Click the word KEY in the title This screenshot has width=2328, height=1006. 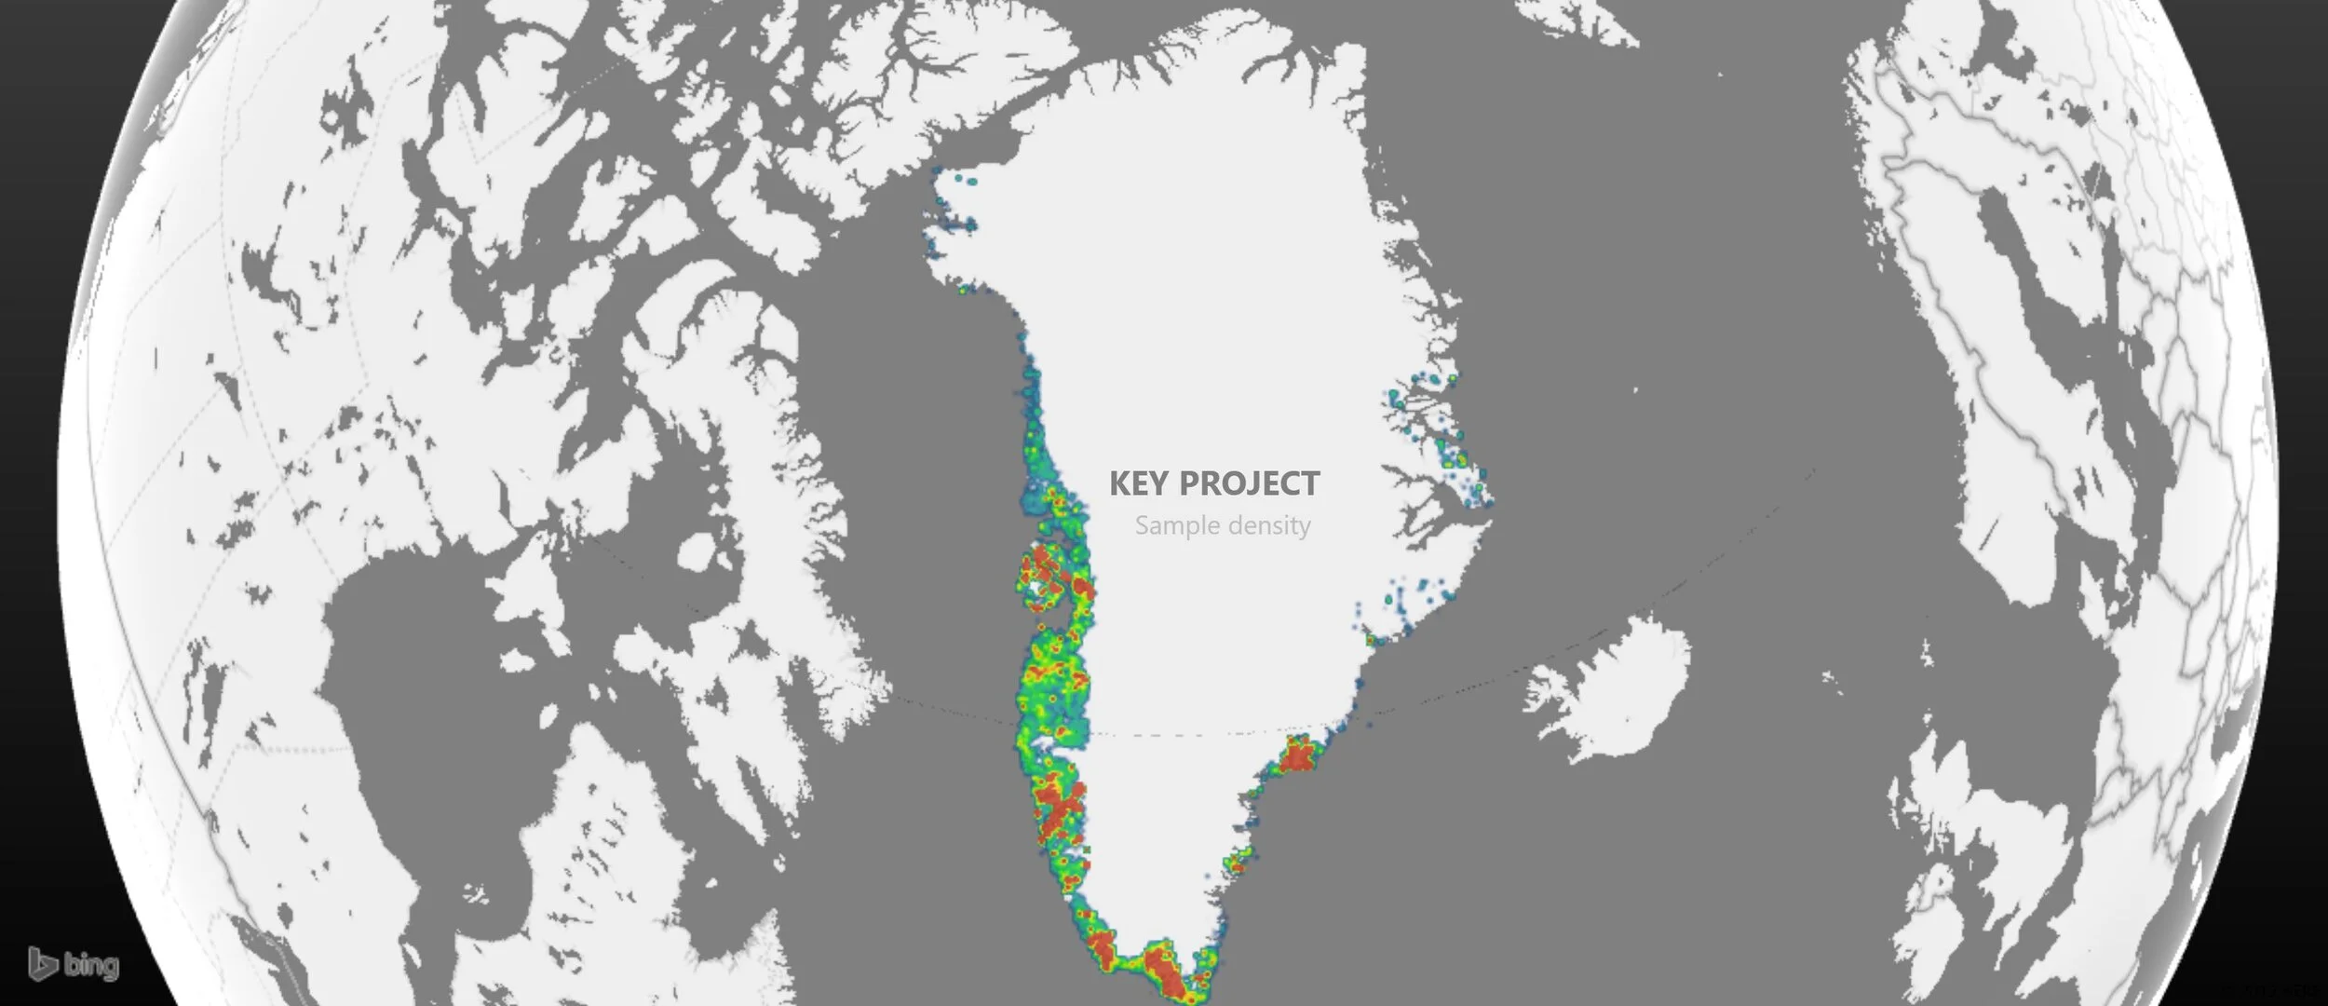point(1138,484)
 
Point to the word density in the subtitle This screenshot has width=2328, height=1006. point(1268,525)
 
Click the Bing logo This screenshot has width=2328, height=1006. point(74,964)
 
